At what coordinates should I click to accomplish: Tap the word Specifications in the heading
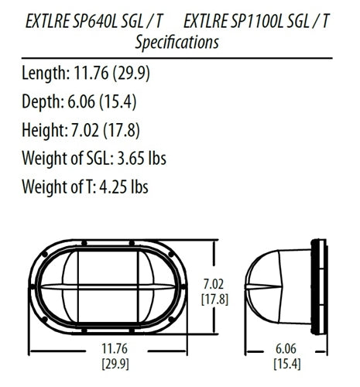[176, 43]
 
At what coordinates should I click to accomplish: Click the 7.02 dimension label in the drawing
[214, 283]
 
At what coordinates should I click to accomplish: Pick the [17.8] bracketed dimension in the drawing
[214, 298]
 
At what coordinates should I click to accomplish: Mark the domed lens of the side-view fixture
[271, 289]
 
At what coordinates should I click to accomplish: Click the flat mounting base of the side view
[318, 289]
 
